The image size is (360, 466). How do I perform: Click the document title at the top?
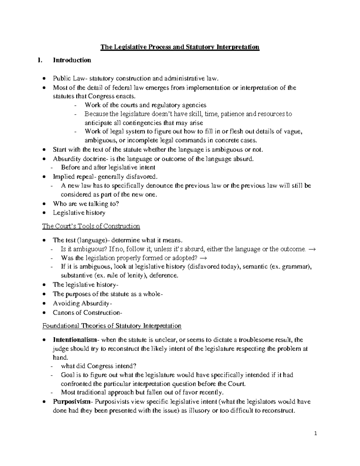pos(180,47)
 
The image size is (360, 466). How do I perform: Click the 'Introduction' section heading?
pos(72,60)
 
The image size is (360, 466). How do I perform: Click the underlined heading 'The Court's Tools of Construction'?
pos(91,226)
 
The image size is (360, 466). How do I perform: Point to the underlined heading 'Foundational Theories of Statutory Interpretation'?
pos(112,326)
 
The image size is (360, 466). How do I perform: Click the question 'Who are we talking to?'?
pos(86,204)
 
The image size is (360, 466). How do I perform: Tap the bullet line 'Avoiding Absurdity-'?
pos(82,304)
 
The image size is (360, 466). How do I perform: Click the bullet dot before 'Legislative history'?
pos(44,213)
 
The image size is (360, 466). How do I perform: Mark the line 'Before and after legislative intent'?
pos(108,167)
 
